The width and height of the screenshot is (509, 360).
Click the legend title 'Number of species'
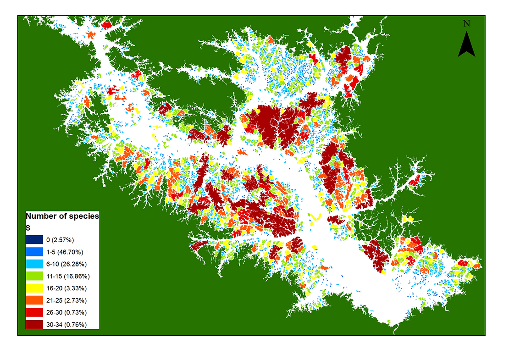click(62, 216)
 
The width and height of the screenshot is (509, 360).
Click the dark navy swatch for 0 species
click(34, 240)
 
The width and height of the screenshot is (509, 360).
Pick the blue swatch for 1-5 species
click(34, 252)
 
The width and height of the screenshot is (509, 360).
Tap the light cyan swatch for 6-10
click(34, 264)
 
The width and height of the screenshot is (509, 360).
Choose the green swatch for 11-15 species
click(34, 276)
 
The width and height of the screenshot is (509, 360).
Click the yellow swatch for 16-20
click(34, 288)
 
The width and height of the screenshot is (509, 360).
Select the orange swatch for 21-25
click(34, 300)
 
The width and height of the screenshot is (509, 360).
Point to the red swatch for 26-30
click(34, 312)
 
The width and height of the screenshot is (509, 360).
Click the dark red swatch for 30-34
click(34, 324)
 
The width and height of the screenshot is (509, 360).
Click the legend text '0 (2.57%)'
click(60, 240)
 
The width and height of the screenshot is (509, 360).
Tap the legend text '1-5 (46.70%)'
click(65, 252)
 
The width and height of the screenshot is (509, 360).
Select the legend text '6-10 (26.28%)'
click(66, 264)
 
